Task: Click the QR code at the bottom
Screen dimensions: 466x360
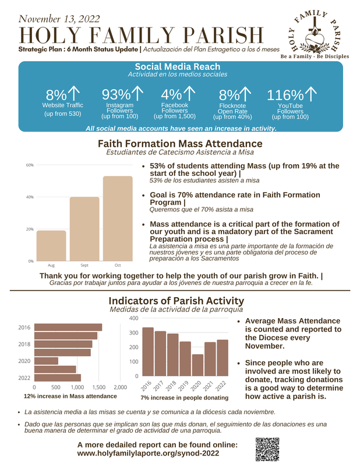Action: click(267, 449)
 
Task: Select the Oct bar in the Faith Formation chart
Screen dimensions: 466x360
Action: click(118, 218)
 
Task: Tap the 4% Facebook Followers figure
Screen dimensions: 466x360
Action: click(171, 94)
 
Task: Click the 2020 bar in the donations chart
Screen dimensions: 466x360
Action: click(198, 365)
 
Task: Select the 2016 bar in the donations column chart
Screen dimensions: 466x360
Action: click(148, 351)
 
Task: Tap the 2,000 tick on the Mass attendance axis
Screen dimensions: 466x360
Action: click(120, 387)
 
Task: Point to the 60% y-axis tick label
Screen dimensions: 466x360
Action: click(29, 165)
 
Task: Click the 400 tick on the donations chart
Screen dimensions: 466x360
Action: click(133, 319)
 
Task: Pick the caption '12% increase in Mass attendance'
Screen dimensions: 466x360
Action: click(69, 396)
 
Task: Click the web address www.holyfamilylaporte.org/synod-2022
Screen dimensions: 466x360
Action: click(148, 453)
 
